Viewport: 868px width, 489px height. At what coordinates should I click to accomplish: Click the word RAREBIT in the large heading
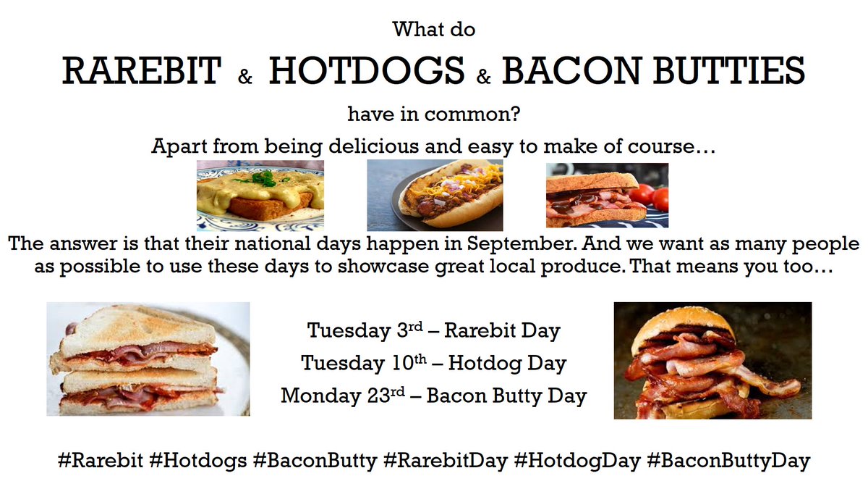pyautogui.click(x=142, y=71)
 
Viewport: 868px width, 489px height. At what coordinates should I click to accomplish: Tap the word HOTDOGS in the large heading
pyautogui.click(x=367, y=71)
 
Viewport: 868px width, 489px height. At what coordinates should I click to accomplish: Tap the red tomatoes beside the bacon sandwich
pyautogui.click(x=651, y=194)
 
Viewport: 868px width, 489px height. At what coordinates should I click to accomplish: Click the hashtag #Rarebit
pyautogui.click(x=100, y=461)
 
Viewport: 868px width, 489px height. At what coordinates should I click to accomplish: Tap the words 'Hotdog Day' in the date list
pyautogui.click(x=507, y=363)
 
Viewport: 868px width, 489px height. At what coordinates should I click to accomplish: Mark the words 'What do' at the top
pyautogui.click(x=434, y=30)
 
